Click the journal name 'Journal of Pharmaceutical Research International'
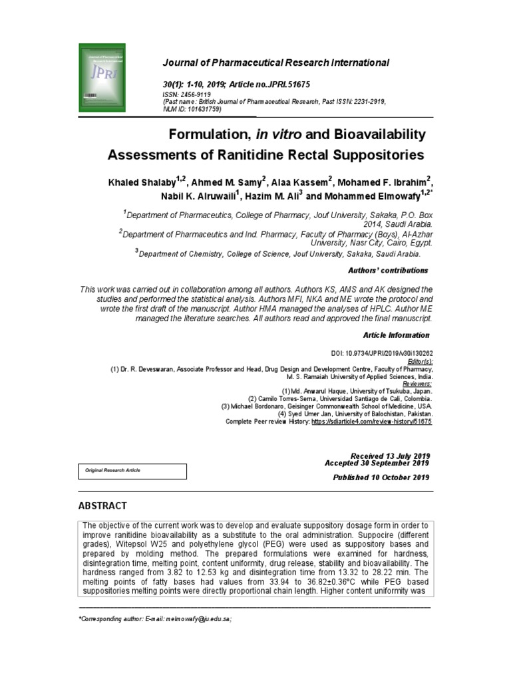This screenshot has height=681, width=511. (275, 63)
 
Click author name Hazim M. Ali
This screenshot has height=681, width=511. (269, 196)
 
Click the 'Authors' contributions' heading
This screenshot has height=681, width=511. (388, 271)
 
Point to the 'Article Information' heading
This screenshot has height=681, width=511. (396, 335)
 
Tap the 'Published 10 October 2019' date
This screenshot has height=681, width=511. (381, 477)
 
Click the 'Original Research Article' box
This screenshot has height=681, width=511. (132, 471)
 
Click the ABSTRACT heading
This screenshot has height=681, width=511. (102, 506)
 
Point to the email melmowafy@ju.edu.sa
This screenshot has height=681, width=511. (199, 619)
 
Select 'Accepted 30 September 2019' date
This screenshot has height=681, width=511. (377, 463)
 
